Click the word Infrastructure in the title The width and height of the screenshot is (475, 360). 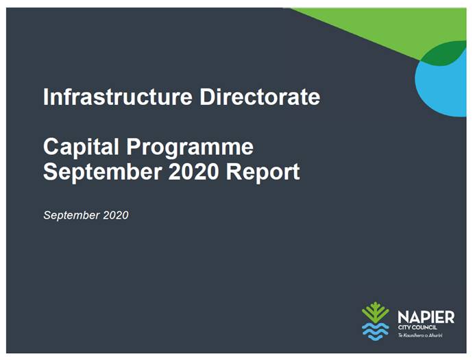117,97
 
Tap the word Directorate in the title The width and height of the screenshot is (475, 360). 260,97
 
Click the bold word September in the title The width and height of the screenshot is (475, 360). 102,173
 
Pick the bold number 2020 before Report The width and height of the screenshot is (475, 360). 193,171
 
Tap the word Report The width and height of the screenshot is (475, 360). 263,173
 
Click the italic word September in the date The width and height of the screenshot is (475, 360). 71,215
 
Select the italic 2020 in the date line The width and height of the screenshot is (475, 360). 116,215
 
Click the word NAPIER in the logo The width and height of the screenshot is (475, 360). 426,317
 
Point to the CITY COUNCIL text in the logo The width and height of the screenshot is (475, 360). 417,328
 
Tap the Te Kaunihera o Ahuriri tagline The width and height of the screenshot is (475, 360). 420,335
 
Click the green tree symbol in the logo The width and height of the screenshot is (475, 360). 376,312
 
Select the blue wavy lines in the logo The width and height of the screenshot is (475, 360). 376,331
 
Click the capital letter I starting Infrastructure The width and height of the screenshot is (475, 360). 45,97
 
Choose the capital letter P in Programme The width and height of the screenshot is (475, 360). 133,146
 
